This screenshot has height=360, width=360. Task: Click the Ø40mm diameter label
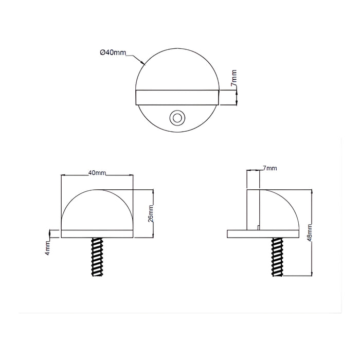113,52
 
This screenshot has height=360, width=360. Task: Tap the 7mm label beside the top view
233,78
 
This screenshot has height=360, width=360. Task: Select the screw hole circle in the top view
177,118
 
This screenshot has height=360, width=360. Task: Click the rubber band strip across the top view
177,98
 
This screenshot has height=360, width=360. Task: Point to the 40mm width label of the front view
97,173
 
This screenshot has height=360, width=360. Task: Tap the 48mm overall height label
310,232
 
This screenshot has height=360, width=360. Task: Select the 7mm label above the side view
270,168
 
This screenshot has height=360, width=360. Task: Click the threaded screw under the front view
97,257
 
